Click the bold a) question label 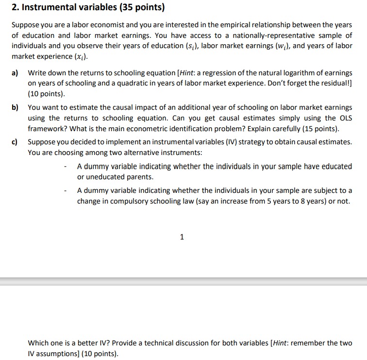(16, 73)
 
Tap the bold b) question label (16, 107)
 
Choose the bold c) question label (15, 142)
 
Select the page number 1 (182, 237)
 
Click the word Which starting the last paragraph (39, 343)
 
